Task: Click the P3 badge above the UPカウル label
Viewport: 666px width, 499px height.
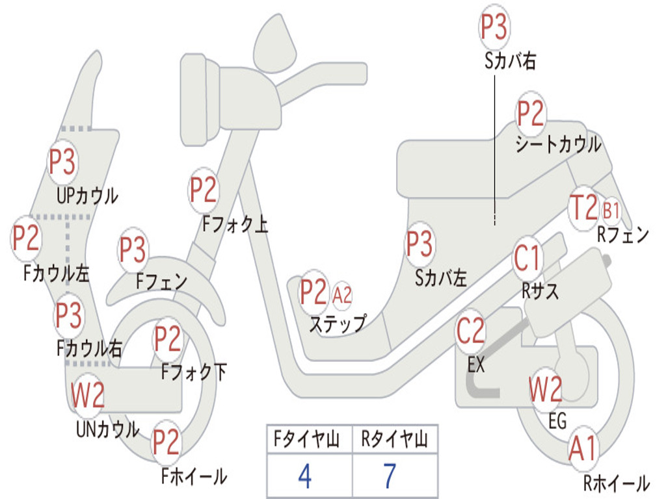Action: (62, 162)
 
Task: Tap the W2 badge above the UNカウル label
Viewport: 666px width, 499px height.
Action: (88, 395)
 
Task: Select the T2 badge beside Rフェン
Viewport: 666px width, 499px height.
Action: (584, 207)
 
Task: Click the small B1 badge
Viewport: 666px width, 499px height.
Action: (611, 211)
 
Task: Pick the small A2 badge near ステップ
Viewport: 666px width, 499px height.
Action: (342, 294)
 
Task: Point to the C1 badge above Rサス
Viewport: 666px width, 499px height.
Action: (527, 257)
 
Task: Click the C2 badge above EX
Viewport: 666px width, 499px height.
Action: (470, 331)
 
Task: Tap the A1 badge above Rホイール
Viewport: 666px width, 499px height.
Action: (583, 448)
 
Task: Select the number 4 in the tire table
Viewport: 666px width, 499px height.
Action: (305, 476)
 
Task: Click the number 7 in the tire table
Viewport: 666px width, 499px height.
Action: (390, 476)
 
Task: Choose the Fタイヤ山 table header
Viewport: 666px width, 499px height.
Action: (306, 439)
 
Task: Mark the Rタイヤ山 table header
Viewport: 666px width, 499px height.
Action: (395, 439)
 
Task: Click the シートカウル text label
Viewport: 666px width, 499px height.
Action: (558, 144)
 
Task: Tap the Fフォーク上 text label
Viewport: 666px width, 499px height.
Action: (235, 224)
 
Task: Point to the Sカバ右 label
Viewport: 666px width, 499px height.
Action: (510, 60)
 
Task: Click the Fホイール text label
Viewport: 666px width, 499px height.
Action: (194, 476)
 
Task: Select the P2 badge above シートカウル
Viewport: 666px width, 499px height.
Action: (531, 113)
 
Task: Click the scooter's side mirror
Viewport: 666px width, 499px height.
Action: (275, 42)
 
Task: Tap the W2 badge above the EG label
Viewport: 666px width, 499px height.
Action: (546, 389)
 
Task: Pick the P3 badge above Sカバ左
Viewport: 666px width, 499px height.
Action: (420, 244)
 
